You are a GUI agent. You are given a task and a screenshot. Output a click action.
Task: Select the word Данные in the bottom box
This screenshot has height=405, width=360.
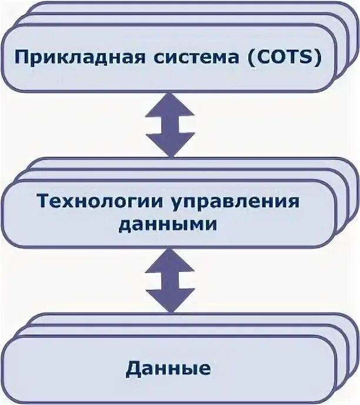[168, 369]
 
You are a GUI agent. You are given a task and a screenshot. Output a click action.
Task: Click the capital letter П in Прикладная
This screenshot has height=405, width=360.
[21, 59]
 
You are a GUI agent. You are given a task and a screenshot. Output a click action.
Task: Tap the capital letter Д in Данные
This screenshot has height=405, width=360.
[133, 370]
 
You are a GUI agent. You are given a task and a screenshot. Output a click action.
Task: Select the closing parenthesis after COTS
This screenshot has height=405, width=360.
[318, 59]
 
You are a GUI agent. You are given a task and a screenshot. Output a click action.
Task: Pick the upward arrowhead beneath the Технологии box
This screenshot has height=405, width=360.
[171, 260]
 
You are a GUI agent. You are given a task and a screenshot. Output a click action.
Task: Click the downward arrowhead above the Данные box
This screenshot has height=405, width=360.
[171, 300]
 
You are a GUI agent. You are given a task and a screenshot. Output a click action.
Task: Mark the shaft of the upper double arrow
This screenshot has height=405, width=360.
[171, 125]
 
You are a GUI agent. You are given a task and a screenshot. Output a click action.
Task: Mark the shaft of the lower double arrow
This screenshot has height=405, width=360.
[171, 280]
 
